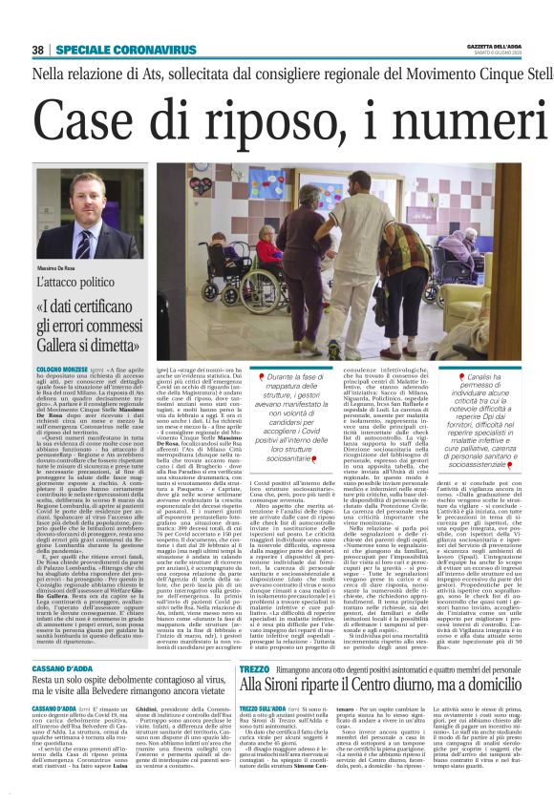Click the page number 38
tap(37, 49)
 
